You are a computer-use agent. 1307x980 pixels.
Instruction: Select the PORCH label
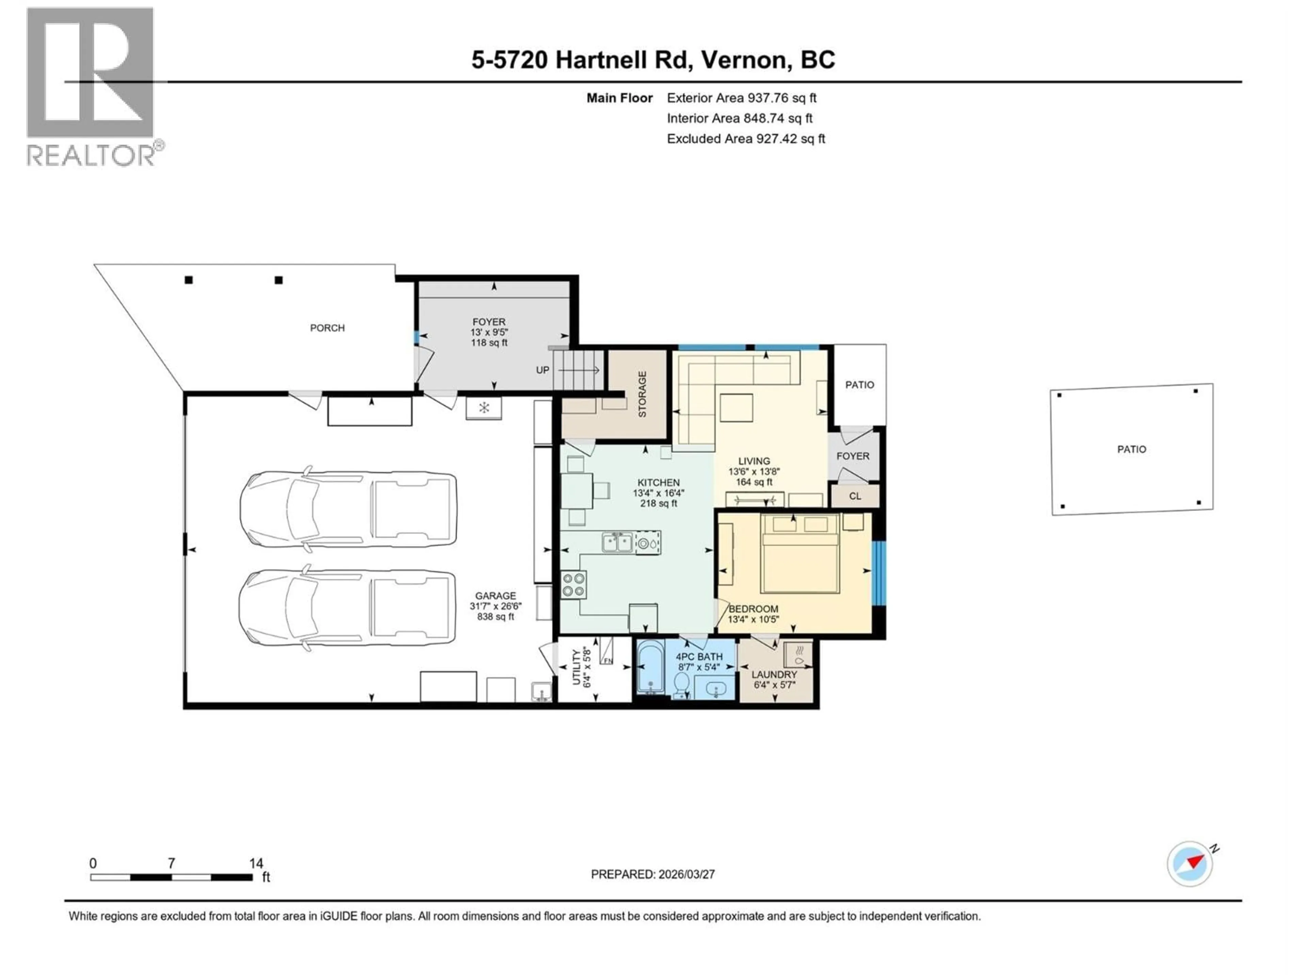click(x=327, y=328)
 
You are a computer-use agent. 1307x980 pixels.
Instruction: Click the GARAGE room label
click(x=495, y=596)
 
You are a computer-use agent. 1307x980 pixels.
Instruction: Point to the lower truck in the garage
click(x=348, y=607)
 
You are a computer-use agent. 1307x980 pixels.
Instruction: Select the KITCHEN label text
click(x=658, y=483)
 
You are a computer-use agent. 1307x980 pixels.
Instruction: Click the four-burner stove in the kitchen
click(x=573, y=585)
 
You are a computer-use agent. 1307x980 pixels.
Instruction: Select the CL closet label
click(x=855, y=496)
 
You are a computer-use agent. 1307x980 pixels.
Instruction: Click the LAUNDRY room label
click(x=774, y=674)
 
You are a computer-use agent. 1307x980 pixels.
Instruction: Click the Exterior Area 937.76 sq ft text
click(x=742, y=98)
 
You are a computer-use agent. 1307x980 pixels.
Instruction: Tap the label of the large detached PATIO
click(x=1131, y=450)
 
